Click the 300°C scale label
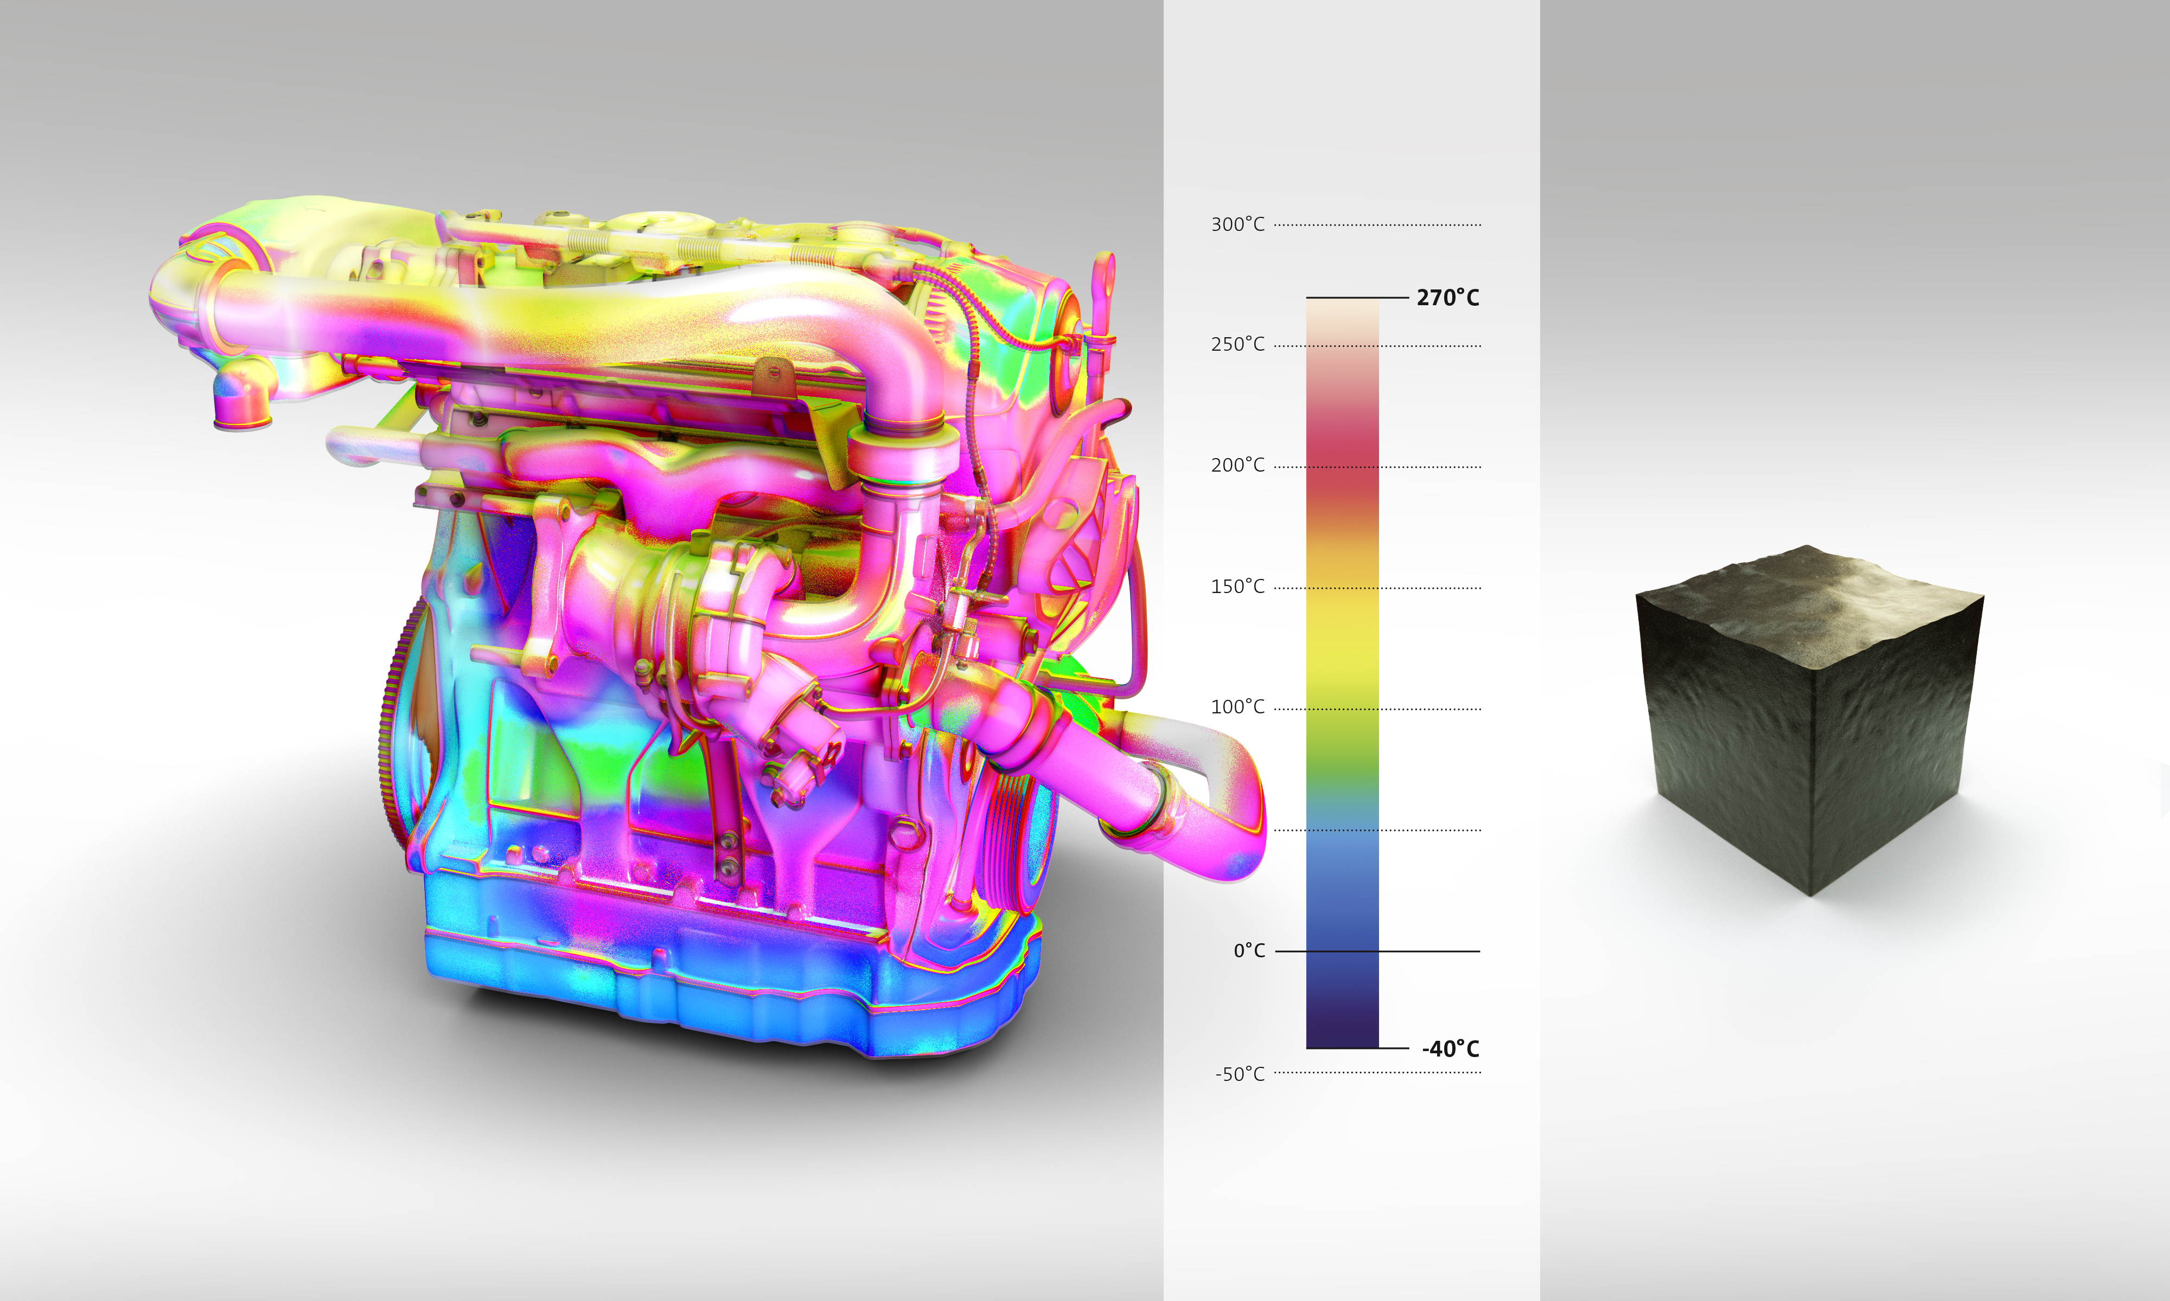coord(1237,224)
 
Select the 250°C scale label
coord(1237,345)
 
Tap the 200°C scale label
coord(1237,466)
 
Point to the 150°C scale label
coord(1237,587)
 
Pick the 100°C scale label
coord(1237,707)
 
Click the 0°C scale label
coord(1249,950)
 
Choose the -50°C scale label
coord(1240,1074)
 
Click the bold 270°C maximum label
coord(1447,298)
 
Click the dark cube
coord(1809,719)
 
